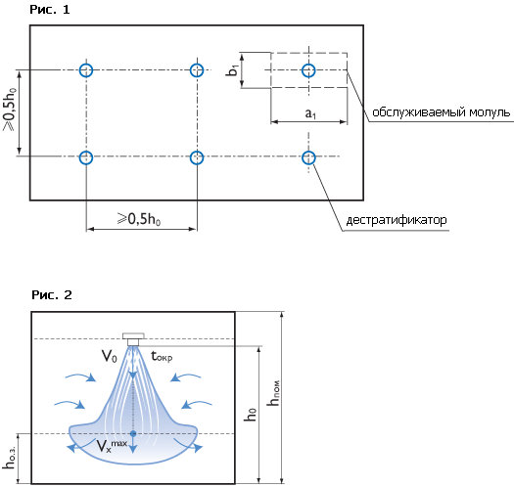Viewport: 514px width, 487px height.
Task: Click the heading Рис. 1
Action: click(50, 10)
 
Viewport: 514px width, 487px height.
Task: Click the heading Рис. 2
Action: click(52, 295)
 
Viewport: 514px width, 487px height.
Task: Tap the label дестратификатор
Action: click(397, 220)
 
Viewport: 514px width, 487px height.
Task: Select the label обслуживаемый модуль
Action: click(442, 112)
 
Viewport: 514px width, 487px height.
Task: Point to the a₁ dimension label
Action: click(310, 113)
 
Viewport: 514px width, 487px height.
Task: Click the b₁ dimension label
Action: click(232, 70)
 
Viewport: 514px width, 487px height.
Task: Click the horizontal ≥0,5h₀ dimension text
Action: click(139, 219)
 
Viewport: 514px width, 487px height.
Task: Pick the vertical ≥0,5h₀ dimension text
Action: click(10, 109)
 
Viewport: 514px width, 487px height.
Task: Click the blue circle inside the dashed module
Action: click(308, 70)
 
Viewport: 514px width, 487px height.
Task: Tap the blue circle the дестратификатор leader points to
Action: click(308, 157)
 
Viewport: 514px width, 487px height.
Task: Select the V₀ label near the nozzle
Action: click(109, 356)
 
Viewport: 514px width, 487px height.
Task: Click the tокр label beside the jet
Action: click(162, 356)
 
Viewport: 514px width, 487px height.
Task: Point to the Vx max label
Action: click(112, 446)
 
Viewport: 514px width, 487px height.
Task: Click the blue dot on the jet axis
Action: click(133, 433)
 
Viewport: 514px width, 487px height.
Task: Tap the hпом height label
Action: click(273, 393)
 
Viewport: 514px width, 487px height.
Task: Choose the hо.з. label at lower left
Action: click(9, 458)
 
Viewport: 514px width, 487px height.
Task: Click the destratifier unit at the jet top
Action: click(133, 339)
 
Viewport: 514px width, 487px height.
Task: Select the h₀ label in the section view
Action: click(250, 415)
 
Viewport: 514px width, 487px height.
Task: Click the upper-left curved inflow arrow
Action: click(80, 377)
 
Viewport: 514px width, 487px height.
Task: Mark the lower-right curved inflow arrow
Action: click(197, 405)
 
